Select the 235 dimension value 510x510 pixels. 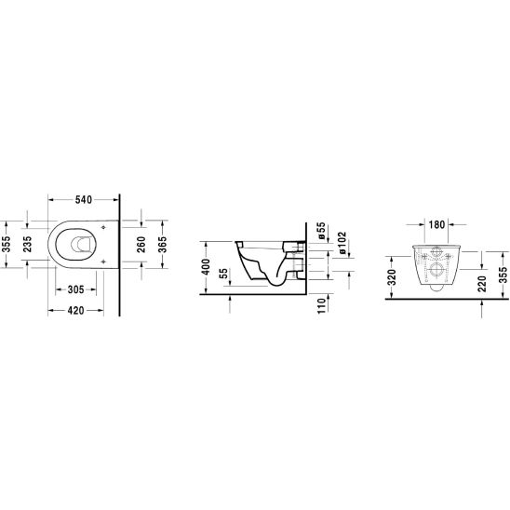pos(28,244)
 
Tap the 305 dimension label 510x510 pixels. pos(77,289)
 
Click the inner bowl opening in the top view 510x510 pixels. pos(74,246)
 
